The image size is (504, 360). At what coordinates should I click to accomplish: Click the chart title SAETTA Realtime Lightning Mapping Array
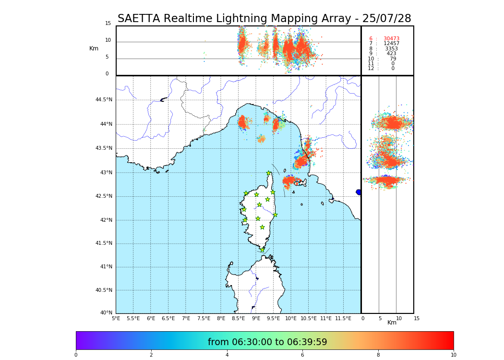(264, 19)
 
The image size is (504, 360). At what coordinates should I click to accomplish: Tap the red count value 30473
(391, 39)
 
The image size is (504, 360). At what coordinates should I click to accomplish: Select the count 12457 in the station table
(391, 44)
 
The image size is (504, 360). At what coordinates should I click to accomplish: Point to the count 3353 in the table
(391, 49)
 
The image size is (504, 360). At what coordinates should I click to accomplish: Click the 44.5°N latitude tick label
(104, 100)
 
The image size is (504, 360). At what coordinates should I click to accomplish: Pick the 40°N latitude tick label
(107, 313)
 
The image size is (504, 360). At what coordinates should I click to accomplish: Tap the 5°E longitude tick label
(116, 319)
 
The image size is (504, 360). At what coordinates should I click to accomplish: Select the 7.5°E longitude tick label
(204, 319)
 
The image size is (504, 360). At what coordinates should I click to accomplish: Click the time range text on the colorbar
(267, 342)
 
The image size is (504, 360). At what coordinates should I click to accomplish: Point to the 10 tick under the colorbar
(453, 355)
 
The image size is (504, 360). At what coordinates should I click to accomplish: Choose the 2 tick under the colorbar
(151, 355)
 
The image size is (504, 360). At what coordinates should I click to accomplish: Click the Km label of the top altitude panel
(94, 48)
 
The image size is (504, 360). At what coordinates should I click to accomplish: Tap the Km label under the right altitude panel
(392, 323)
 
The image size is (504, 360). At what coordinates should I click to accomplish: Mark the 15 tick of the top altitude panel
(108, 24)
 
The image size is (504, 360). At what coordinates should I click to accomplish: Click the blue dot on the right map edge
(359, 192)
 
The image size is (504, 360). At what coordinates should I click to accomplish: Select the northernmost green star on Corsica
(269, 173)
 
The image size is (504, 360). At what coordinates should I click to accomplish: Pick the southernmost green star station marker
(262, 250)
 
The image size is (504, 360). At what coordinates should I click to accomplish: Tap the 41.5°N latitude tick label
(104, 243)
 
